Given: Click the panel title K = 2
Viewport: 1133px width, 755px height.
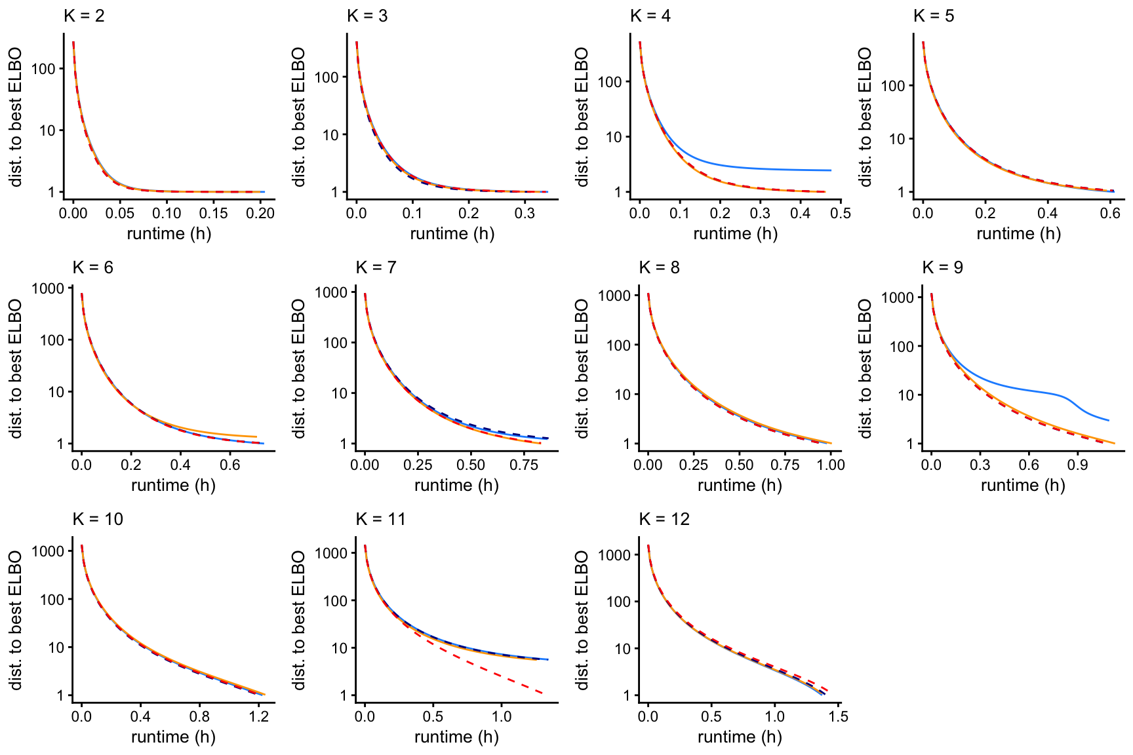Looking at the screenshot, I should click(84, 16).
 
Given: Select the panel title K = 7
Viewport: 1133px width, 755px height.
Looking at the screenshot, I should click(376, 267).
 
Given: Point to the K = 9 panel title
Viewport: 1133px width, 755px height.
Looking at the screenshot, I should click(942, 267).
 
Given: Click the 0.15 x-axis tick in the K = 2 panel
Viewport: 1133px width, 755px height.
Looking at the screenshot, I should click(214, 213).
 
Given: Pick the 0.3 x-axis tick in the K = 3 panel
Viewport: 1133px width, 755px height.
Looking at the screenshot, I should click(525, 213).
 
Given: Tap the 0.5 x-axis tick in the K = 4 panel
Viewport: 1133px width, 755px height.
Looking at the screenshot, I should click(841, 213).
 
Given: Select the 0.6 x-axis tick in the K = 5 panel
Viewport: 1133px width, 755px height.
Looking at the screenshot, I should click(1110, 213).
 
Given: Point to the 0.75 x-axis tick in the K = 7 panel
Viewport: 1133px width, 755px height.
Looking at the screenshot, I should click(524, 465).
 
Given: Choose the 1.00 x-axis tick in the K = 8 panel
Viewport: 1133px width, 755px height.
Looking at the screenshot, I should click(831, 465).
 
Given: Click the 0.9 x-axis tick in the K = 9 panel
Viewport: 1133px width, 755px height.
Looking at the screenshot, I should click(1078, 465).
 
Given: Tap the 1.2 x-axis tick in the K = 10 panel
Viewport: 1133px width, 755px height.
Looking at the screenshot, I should click(259, 716).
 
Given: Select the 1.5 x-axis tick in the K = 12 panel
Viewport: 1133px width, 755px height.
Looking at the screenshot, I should click(838, 716).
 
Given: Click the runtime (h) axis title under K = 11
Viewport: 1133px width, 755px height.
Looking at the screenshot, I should click(456, 737).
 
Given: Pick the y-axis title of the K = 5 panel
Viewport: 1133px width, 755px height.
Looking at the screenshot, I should click(865, 117).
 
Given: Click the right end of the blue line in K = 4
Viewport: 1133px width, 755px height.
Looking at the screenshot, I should click(831, 170).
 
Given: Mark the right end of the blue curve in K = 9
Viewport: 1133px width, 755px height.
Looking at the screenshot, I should click(1108, 420).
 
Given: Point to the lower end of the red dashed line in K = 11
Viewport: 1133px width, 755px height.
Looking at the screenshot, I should click(543, 693).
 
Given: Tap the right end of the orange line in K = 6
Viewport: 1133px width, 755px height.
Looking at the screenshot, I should click(256, 436).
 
